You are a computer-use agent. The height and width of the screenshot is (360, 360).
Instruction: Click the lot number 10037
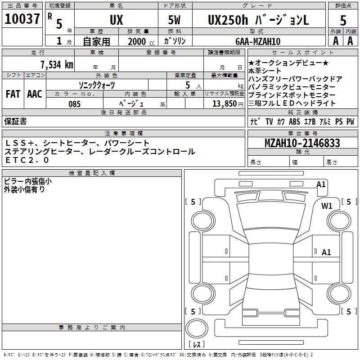22,20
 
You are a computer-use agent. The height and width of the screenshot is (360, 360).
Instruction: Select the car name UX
116,20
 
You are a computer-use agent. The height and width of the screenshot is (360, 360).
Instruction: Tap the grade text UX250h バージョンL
258,20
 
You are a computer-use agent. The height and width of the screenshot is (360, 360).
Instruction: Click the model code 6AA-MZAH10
258,41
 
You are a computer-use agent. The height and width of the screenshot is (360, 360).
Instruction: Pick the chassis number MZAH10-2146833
302,144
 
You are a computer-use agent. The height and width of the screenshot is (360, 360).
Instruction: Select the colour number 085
74,103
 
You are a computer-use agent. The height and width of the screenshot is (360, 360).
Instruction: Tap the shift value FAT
13,94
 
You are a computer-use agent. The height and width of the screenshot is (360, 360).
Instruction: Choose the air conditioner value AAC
34,94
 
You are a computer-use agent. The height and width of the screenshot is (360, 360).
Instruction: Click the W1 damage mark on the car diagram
327,206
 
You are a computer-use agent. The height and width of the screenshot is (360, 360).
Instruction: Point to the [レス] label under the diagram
197,345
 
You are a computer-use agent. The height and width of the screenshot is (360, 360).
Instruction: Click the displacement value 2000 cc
139,41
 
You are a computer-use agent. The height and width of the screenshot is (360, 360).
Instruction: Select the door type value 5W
175,20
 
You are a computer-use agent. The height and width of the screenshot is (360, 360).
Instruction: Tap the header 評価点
343,6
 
